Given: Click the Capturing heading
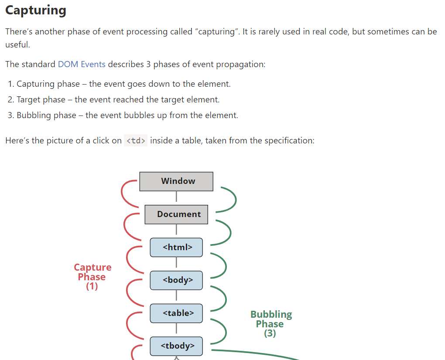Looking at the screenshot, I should coord(36,10).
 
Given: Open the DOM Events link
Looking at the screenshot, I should coord(82,64).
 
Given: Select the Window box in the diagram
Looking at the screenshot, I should coord(176,181).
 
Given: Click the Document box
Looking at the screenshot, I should coord(176,214).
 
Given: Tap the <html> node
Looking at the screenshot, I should coord(176,247).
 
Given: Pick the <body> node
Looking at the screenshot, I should coord(176,280).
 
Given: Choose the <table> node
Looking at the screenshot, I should coord(176,313).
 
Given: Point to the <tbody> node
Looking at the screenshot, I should coord(176,346).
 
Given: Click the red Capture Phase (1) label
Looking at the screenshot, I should coord(92,277).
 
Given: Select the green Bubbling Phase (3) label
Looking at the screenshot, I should coord(270,324).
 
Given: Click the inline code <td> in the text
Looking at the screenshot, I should coord(136,141).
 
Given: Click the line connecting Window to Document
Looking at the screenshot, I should coord(176,198).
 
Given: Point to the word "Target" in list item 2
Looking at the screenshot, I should coord(28,99).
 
